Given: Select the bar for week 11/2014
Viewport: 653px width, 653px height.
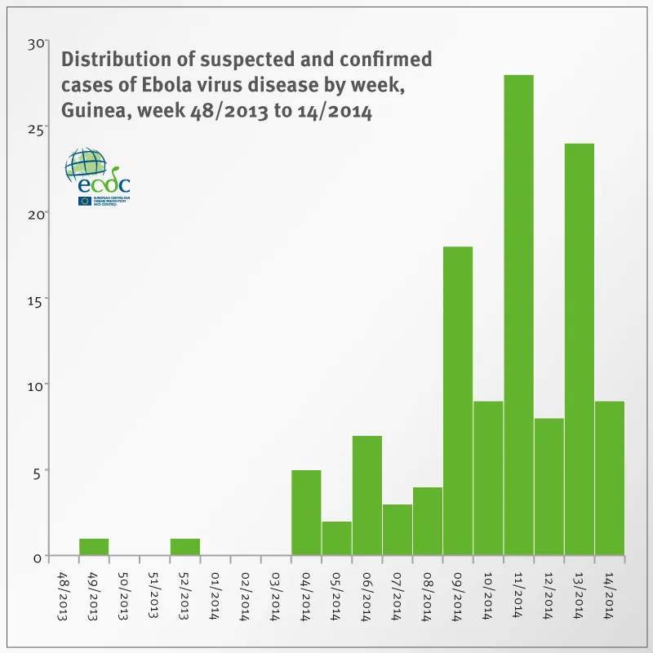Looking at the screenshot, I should pyautogui.click(x=518, y=315).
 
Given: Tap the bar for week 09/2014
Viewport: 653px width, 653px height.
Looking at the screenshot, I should pyautogui.click(x=458, y=401).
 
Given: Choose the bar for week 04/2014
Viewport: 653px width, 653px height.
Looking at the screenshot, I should pyautogui.click(x=306, y=513).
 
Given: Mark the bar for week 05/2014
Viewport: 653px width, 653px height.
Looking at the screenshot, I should pyautogui.click(x=336, y=538).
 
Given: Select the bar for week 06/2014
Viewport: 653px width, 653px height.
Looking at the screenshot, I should pyautogui.click(x=367, y=495).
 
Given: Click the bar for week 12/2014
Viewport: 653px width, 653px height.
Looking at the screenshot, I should pyautogui.click(x=549, y=486).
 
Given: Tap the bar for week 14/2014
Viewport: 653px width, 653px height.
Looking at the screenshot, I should pyautogui.click(x=610, y=478).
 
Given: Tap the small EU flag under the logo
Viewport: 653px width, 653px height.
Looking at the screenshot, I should pyautogui.click(x=85, y=201).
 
